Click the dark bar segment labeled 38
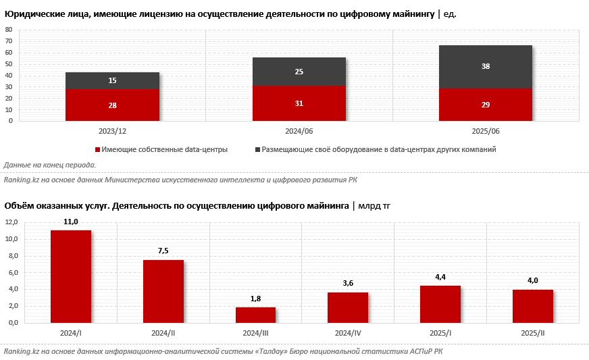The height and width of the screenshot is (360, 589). click(486, 67)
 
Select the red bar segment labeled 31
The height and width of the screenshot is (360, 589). click(299, 103)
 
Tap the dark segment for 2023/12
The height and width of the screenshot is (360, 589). click(112, 80)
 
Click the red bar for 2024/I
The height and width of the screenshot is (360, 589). click(71, 276)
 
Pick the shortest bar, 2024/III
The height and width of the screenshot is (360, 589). click(255, 315)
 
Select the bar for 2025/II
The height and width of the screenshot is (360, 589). click(532, 306)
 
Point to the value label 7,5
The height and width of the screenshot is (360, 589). click(163, 251)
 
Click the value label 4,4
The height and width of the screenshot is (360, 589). click(440, 277)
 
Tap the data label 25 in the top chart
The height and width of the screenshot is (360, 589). click(299, 72)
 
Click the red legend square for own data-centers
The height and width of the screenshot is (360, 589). click(98, 149)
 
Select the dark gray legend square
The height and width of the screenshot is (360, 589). click(257, 149)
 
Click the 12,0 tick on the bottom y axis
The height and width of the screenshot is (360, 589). click(11, 222)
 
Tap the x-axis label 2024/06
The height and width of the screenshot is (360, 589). click(299, 131)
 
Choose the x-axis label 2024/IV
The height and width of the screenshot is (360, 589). click(348, 333)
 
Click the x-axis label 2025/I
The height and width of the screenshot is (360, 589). click(440, 333)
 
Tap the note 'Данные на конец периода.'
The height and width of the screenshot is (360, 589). click(49, 165)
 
